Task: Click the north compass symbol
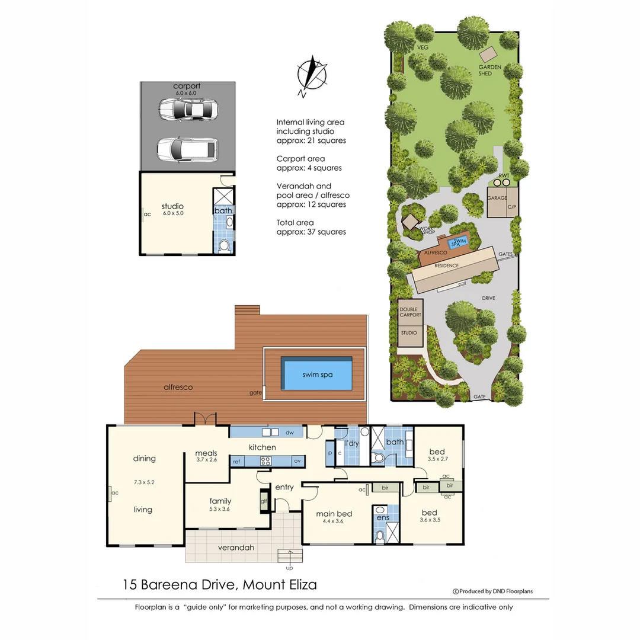pyautogui.click(x=312, y=75)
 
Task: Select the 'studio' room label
pyautogui.click(x=172, y=206)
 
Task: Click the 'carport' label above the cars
pyautogui.click(x=187, y=86)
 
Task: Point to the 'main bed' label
pyautogui.click(x=334, y=513)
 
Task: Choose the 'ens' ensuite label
pyautogui.click(x=383, y=517)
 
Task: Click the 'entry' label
pyautogui.click(x=284, y=487)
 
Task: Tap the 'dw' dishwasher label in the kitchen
pyautogui.click(x=290, y=433)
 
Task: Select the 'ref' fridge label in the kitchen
pyautogui.click(x=236, y=461)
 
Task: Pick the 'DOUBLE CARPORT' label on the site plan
pyautogui.click(x=409, y=312)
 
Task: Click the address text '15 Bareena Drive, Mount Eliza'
pyautogui.click(x=219, y=585)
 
